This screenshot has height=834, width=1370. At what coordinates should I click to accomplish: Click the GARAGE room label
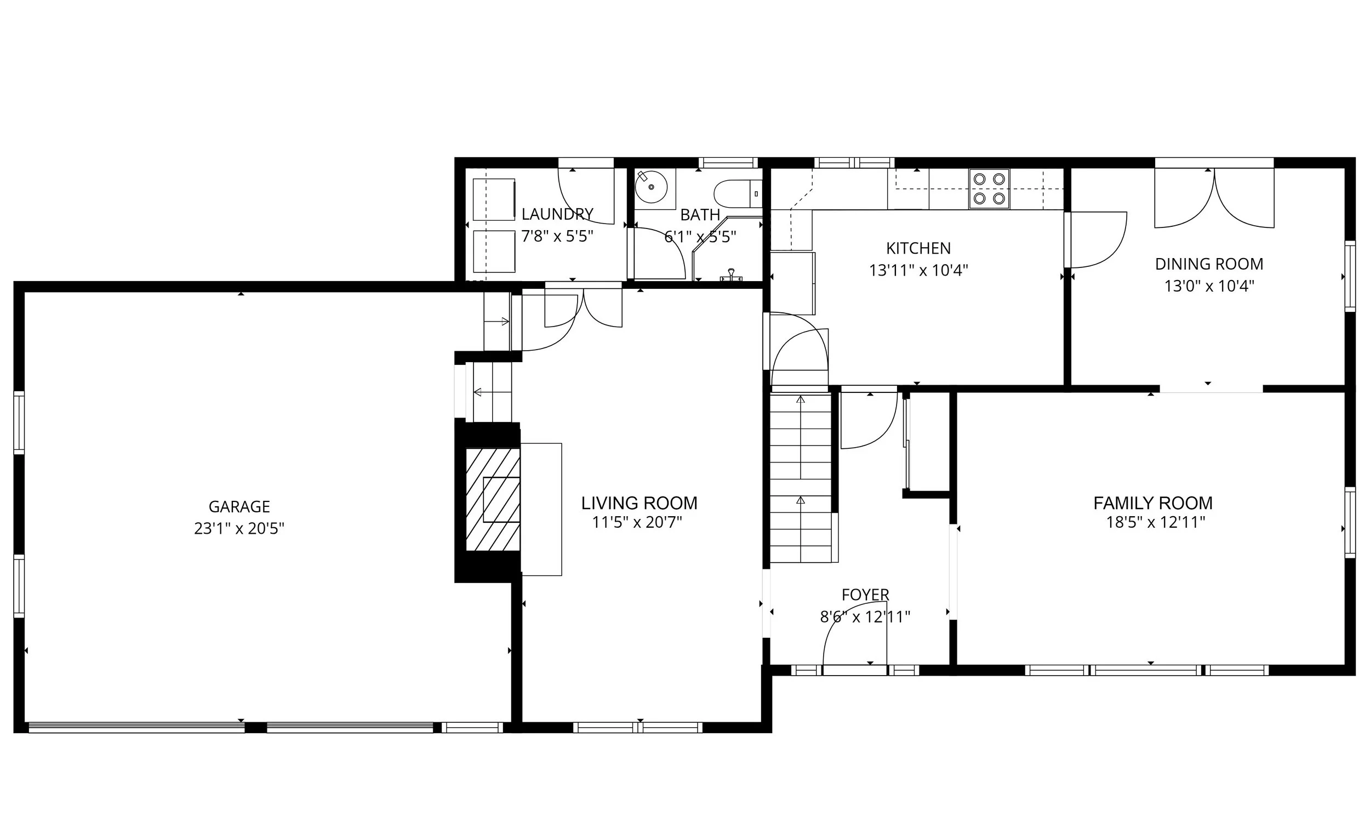click(x=239, y=506)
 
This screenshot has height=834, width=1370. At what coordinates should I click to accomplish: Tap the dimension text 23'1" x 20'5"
click(x=239, y=528)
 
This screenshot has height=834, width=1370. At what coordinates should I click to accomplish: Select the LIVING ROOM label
click(x=639, y=503)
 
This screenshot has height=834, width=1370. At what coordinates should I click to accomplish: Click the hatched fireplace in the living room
click(x=493, y=499)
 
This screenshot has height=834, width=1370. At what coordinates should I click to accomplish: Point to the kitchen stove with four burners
click(x=989, y=188)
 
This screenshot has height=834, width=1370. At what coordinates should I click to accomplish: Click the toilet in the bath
click(x=737, y=193)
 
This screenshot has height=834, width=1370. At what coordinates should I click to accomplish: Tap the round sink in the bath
click(x=651, y=187)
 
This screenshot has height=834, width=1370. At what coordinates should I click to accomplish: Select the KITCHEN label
click(x=918, y=248)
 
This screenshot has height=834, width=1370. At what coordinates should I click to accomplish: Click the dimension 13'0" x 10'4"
click(x=1209, y=287)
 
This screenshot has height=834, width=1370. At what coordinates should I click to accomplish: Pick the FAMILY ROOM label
click(x=1152, y=503)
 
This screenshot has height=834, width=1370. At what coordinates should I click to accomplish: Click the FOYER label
click(x=865, y=595)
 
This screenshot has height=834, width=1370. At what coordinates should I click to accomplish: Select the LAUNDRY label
click(x=557, y=214)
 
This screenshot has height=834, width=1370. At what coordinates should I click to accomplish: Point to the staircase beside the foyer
click(x=800, y=478)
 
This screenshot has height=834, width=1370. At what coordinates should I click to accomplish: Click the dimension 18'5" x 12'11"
click(x=1155, y=523)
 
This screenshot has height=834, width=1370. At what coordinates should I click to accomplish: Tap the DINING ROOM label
click(x=1209, y=264)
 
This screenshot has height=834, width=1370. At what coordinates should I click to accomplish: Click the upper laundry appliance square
click(x=494, y=199)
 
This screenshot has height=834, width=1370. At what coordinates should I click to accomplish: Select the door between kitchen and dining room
click(x=1095, y=239)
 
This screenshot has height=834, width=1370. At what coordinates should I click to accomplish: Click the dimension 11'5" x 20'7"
click(x=637, y=523)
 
